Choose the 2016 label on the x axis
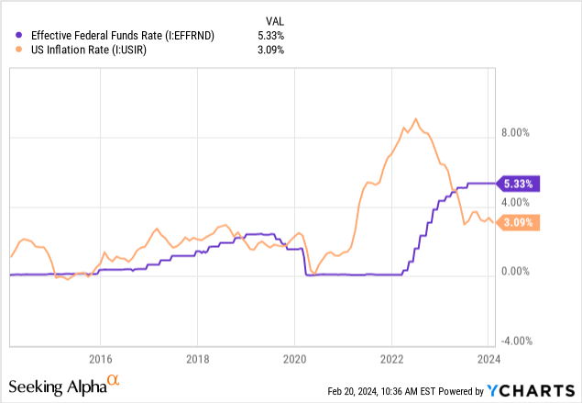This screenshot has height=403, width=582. tap(100, 358)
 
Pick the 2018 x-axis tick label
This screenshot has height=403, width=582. tap(197, 358)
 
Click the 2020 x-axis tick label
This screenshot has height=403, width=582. tap(294, 358)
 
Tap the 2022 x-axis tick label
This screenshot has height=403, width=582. tap(391, 358)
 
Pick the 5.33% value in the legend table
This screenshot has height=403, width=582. tap(269, 35)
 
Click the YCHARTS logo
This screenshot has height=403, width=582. tap(531, 389)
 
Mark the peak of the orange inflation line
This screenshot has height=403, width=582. tap(416, 118)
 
